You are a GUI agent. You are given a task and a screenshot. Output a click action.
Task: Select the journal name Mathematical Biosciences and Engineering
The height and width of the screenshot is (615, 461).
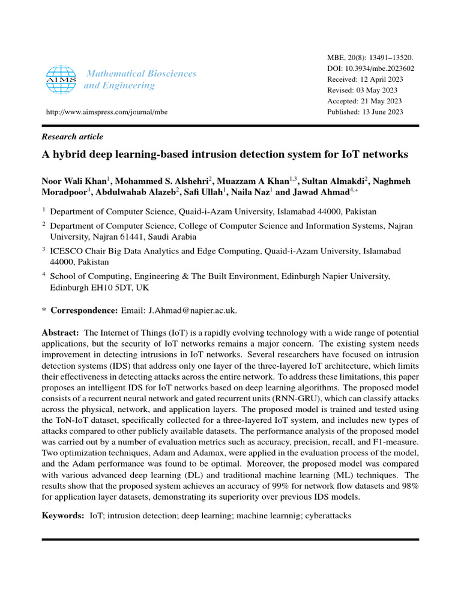point(141,79)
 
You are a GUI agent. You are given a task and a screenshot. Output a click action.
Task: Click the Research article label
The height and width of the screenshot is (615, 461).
point(72,137)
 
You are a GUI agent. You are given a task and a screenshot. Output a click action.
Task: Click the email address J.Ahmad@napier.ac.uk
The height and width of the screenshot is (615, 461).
point(192,311)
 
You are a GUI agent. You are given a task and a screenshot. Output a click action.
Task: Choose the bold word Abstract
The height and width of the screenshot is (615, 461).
point(60,332)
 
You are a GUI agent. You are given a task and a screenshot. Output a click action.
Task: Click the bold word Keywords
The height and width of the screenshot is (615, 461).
point(62,516)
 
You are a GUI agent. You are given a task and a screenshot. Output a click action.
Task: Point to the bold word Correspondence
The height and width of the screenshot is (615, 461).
point(84,311)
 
